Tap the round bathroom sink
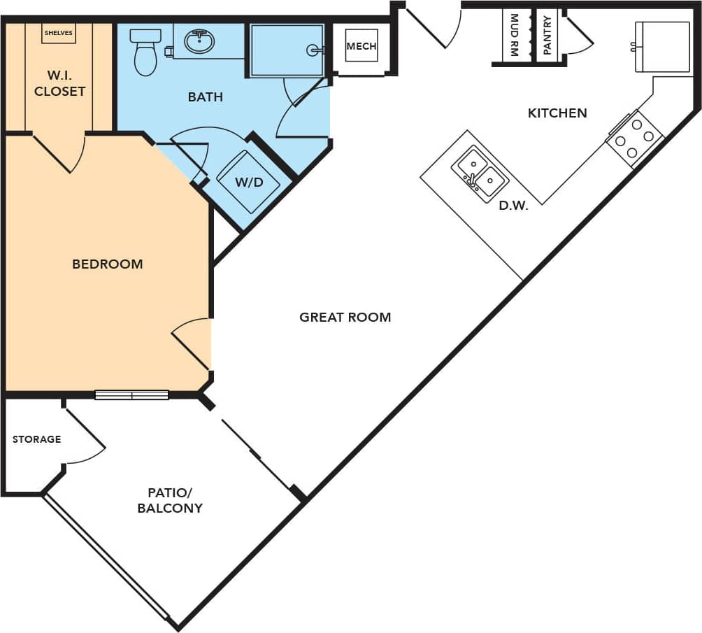(x=199, y=41)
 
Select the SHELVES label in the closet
(x=58, y=32)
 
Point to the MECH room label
(x=361, y=47)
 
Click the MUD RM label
(x=515, y=34)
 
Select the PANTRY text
(x=547, y=36)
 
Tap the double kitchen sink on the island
(x=479, y=174)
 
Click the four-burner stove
(x=635, y=138)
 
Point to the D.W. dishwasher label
(x=513, y=206)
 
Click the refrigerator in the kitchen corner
(x=661, y=47)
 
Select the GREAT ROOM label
(x=345, y=317)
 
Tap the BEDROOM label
(x=108, y=264)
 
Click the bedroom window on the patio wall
(x=131, y=395)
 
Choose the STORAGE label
(x=37, y=439)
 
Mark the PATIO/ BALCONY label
(x=170, y=500)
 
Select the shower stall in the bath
(x=287, y=50)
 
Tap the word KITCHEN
(x=557, y=113)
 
